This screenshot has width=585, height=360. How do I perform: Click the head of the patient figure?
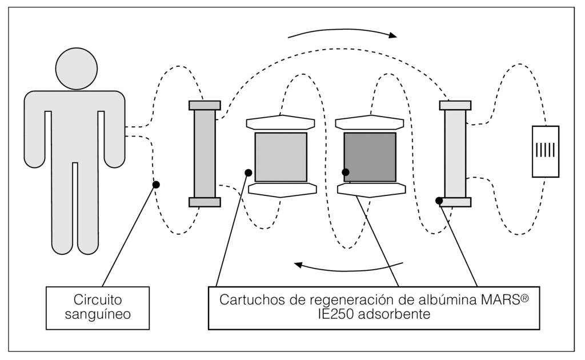(x=77, y=67)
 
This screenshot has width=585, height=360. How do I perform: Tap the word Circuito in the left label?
(x=97, y=300)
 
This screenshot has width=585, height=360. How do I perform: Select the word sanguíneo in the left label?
(x=97, y=314)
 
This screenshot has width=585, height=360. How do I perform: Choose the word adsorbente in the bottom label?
(x=395, y=314)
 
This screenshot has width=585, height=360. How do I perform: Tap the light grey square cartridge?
(x=281, y=157)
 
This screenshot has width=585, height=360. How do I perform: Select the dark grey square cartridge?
(x=370, y=157)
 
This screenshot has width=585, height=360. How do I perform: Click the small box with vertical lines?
(x=546, y=151)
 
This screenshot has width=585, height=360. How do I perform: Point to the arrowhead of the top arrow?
(x=393, y=35)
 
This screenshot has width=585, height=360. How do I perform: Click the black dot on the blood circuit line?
(x=155, y=185)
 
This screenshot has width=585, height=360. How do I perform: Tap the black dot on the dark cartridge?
(x=345, y=171)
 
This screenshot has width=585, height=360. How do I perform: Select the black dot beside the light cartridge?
(x=248, y=173)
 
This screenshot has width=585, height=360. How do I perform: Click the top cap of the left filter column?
(x=205, y=105)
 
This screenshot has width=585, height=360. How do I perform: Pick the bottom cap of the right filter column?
(x=455, y=202)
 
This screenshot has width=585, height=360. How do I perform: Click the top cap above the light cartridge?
(x=280, y=122)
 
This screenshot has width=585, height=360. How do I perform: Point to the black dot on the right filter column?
(x=439, y=201)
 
